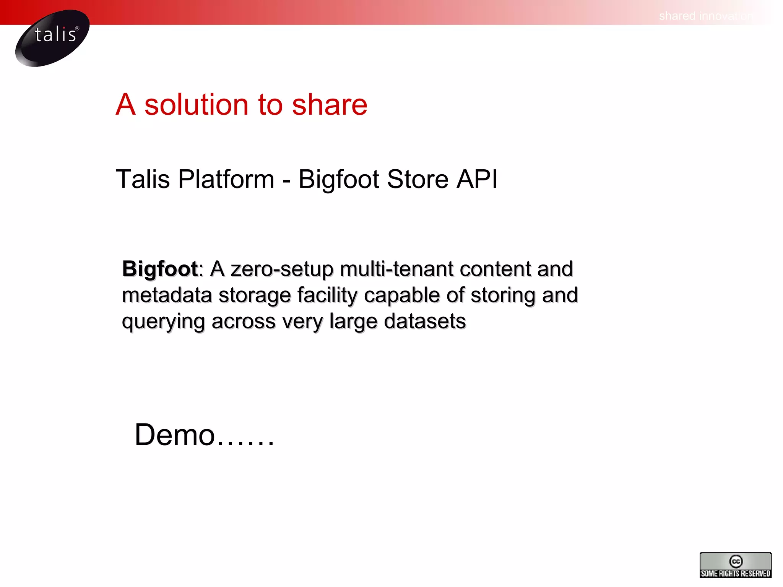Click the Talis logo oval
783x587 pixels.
(52, 38)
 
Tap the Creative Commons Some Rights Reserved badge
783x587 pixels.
(735, 565)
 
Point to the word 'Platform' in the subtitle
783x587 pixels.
(226, 179)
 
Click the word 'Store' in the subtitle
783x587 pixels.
(417, 179)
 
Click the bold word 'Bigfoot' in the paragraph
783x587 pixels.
(160, 269)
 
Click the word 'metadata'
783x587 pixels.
(167, 295)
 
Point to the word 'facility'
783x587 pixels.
(327, 295)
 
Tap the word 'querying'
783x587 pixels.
(163, 322)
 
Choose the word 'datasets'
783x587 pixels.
(425, 321)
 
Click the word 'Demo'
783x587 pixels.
(175, 435)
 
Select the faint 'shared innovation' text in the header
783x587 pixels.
(705, 16)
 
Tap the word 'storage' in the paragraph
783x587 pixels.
(255, 296)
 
